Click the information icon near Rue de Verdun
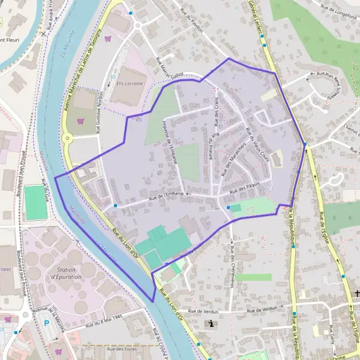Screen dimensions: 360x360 pyautogui.click(x=212, y=324)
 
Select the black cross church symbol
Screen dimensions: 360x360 pyautogui.click(x=357, y=293)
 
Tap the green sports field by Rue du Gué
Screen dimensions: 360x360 pyautogui.click(x=35, y=202)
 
